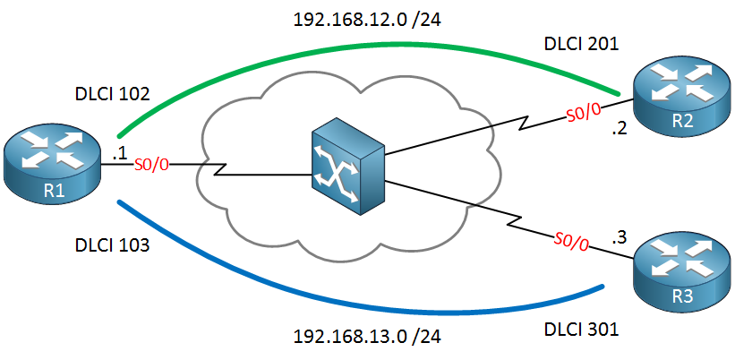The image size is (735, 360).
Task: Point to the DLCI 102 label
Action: click(112, 92)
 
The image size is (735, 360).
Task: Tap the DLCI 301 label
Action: click(581, 330)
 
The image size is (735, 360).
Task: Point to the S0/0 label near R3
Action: click(572, 240)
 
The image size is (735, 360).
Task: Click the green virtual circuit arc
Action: click(358, 46)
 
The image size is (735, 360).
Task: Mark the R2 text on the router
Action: click(677, 121)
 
